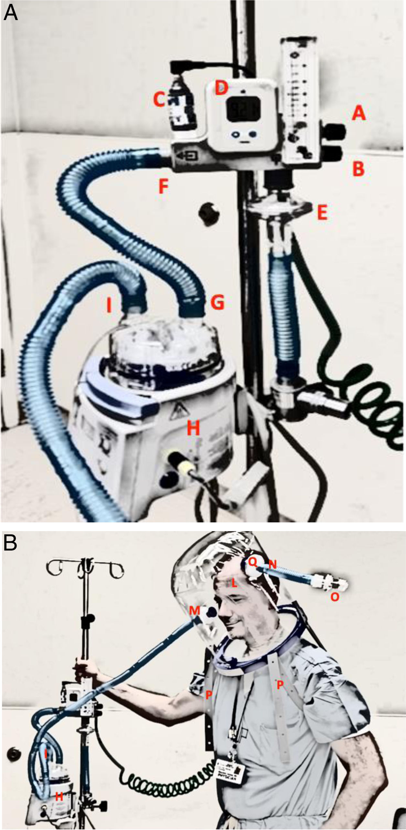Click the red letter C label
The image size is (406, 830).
159,99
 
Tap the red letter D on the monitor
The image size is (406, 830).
221,88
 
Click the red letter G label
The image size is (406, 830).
217,303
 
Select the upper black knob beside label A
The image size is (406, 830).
335,131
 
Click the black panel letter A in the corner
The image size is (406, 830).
10,13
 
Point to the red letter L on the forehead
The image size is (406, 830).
233,583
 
